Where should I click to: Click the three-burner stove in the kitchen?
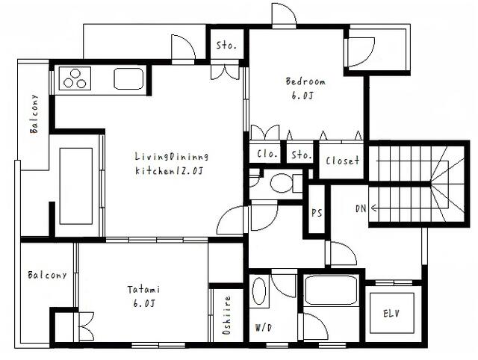pyautogui.click(x=74, y=78)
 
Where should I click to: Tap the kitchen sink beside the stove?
pyautogui.click(x=128, y=78)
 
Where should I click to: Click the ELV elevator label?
pyautogui.click(x=391, y=313)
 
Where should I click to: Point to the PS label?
pyautogui.click(x=317, y=211)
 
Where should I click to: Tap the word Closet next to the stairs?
pyautogui.click(x=342, y=161)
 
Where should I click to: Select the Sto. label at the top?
pyautogui.click(x=226, y=46)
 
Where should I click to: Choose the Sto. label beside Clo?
pyautogui.click(x=301, y=155)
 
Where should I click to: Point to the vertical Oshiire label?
pyautogui.click(x=226, y=314)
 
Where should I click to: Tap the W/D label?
pyautogui.click(x=264, y=326)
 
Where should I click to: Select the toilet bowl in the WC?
pyautogui.click(x=282, y=183)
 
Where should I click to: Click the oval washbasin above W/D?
pyautogui.click(x=258, y=291)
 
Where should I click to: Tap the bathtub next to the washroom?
pyautogui.click(x=332, y=291)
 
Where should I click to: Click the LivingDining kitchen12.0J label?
pyautogui.click(x=171, y=164)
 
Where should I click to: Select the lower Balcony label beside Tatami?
pyautogui.click(x=46, y=275)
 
